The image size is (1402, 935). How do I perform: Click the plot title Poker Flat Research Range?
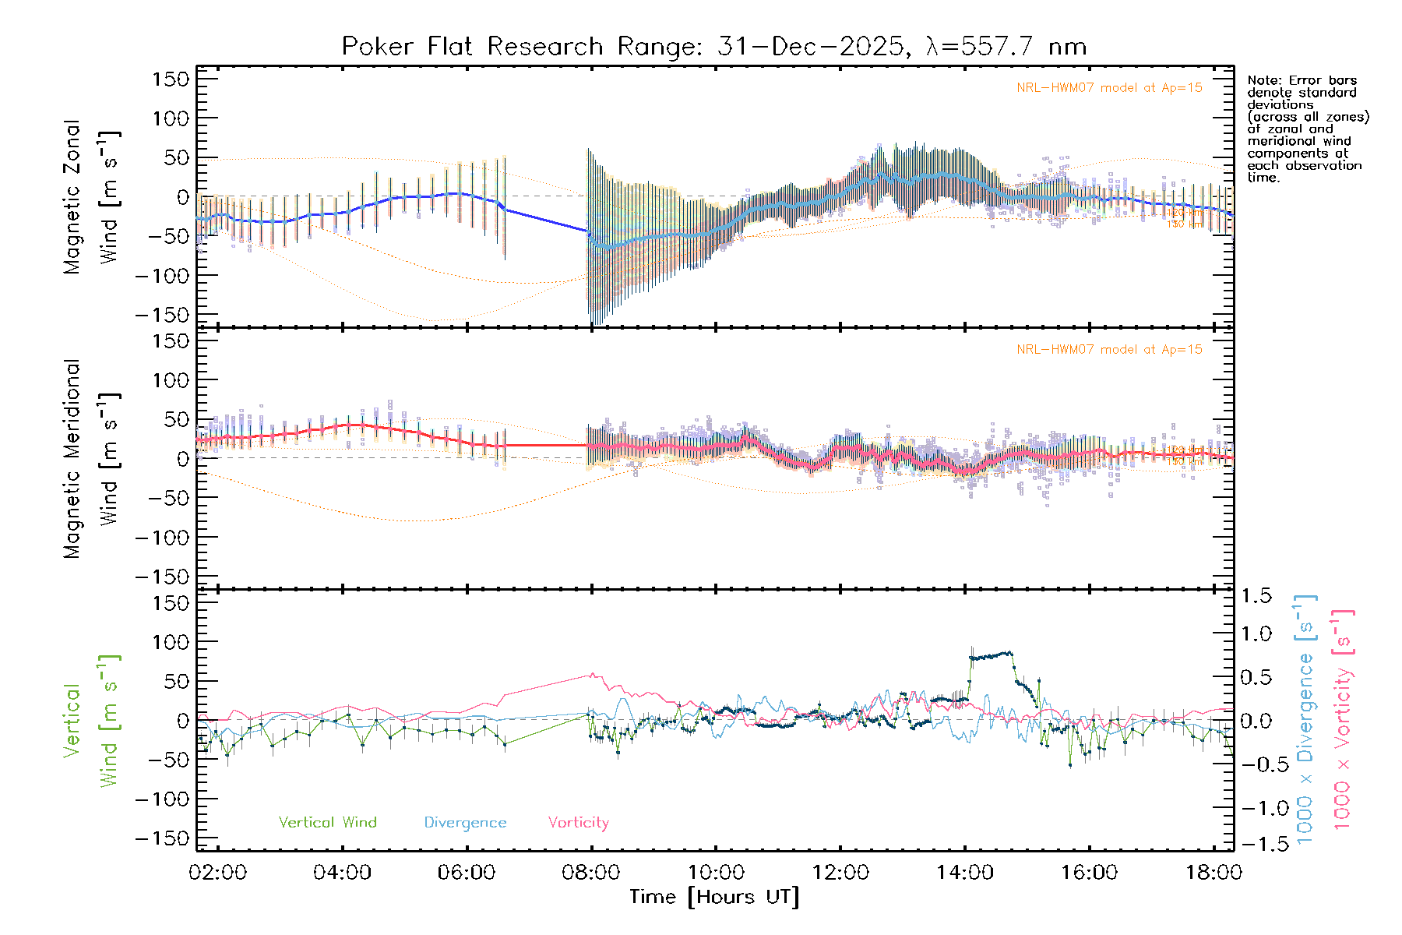[713, 47]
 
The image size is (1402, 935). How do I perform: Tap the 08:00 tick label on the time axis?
[591, 873]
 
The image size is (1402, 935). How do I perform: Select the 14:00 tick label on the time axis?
[965, 873]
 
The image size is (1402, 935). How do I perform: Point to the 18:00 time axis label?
[1214, 873]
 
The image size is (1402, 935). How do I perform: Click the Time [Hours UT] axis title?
[714, 897]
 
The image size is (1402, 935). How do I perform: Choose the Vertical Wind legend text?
[327, 823]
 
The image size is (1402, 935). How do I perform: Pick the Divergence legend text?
[465, 823]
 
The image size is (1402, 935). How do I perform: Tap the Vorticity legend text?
[578, 823]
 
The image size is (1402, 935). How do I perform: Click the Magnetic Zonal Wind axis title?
[92, 196]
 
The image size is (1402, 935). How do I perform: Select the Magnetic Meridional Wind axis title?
[92, 458]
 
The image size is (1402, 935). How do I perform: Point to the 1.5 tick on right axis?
[1256, 596]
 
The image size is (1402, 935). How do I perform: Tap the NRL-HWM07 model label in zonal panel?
[1109, 88]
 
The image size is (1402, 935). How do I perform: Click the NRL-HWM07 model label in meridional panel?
[1109, 350]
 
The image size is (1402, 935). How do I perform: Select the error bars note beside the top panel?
[1307, 129]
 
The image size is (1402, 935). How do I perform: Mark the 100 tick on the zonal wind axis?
[171, 118]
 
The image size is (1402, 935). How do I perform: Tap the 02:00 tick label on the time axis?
[218, 873]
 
